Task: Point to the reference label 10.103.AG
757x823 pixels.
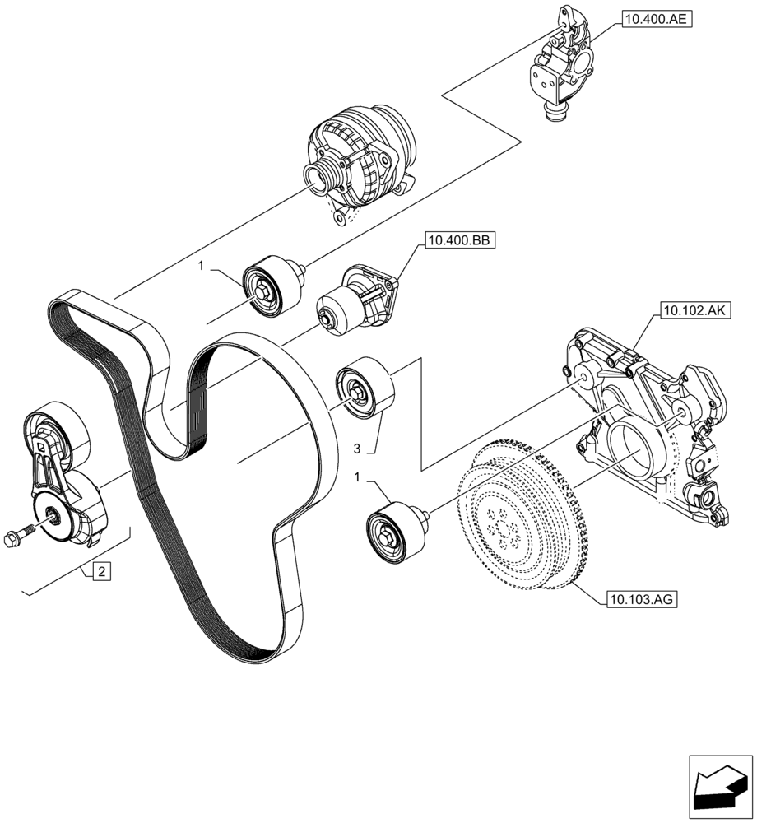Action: [641, 600]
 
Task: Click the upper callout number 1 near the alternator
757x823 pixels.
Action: [200, 266]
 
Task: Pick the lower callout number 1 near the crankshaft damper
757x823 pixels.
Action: [356, 476]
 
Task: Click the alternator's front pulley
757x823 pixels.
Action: [318, 174]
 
